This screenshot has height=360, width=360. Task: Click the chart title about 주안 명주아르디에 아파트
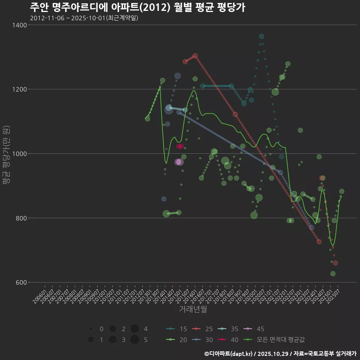click(x=137, y=7)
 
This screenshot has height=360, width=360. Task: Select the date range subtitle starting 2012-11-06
click(x=84, y=18)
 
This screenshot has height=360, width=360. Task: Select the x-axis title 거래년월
click(x=193, y=309)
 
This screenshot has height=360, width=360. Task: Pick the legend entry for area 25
click(x=202, y=329)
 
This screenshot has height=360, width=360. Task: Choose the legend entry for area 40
click(x=228, y=340)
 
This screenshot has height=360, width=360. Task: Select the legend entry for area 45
click(x=254, y=329)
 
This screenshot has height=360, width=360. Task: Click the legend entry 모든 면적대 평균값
click(x=274, y=340)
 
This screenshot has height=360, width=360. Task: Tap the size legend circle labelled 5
click(x=135, y=340)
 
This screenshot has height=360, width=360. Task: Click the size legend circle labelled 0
click(x=91, y=329)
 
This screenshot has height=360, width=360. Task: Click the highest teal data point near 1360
click(x=261, y=36)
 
